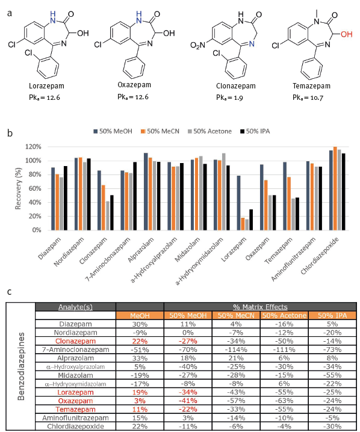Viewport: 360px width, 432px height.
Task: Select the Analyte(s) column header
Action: coord(75,306)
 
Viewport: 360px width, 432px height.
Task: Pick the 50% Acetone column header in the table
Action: coord(284,315)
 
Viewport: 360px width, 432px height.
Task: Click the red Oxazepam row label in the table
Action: coord(75,400)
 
